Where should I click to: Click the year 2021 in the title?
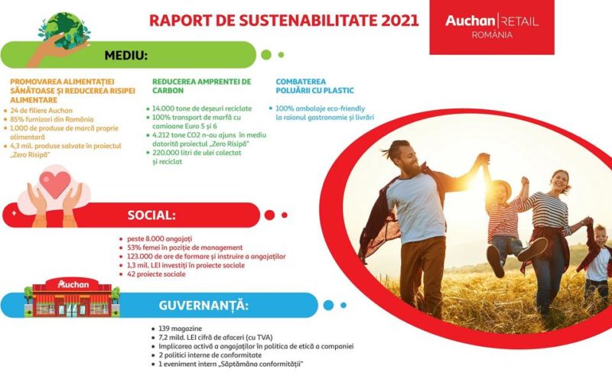click(x=399, y=21)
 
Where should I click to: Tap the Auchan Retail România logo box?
click(x=492, y=27)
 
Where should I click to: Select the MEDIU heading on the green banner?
click(x=125, y=55)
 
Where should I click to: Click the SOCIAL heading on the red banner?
click(x=151, y=215)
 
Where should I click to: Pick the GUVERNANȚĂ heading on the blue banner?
click(x=203, y=305)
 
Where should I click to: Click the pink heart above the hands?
click(x=55, y=184)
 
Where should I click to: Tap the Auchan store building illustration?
click(x=72, y=297)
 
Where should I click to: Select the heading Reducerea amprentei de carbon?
click(x=202, y=86)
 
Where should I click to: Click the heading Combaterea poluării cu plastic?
click(x=314, y=86)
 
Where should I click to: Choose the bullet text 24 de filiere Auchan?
click(x=41, y=111)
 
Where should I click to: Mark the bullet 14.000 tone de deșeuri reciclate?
click(x=202, y=108)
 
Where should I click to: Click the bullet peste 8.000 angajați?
click(x=160, y=239)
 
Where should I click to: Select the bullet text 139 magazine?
click(x=181, y=329)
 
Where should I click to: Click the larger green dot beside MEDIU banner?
click(x=266, y=55)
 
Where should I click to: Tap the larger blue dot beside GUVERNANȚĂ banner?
click(x=329, y=305)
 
